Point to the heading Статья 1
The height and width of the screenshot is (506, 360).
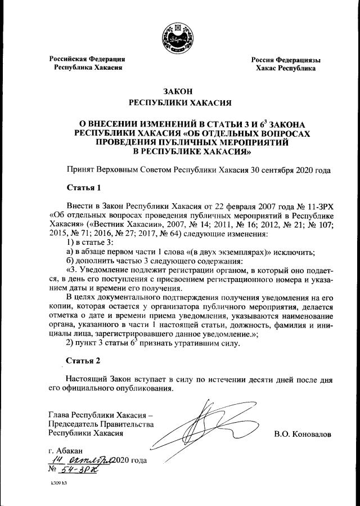84,187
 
